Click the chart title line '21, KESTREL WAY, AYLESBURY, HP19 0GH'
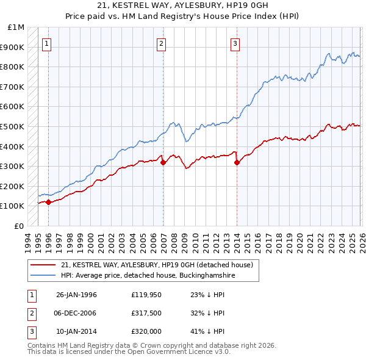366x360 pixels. click(x=182, y=5)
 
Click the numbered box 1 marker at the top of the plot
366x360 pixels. click(x=47, y=43)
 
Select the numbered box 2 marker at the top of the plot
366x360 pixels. click(x=161, y=43)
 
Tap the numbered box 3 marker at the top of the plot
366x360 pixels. click(x=235, y=43)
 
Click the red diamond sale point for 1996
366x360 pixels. click(x=48, y=202)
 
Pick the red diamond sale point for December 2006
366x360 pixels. click(x=163, y=162)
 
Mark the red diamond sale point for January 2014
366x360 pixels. click(x=237, y=162)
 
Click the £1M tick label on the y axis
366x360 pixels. click(x=16, y=27)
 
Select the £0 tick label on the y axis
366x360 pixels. click(x=18, y=226)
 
